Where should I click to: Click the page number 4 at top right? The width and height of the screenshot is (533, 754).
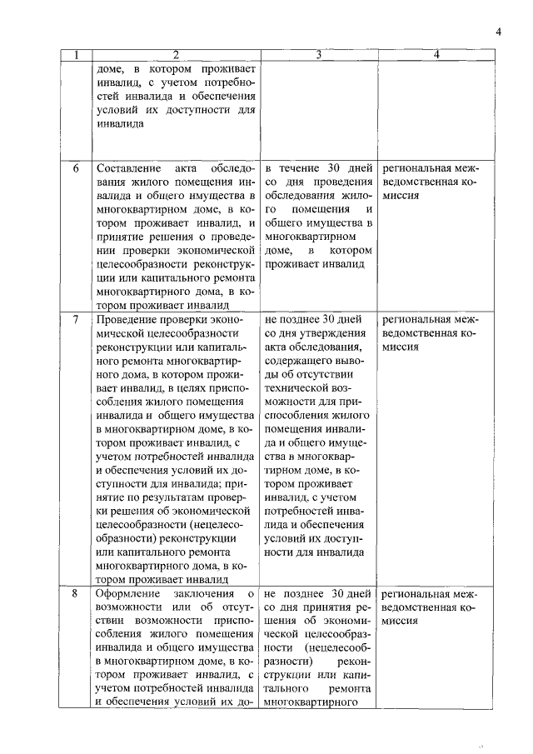tap(498, 32)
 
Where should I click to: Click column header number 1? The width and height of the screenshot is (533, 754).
tap(76, 56)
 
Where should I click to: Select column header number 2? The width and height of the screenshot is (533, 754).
tap(176, 56)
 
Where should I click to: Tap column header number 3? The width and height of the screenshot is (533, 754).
tap(319, 56)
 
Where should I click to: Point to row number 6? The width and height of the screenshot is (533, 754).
tap(76, 168)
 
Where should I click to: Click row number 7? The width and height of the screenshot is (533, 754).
tap(76, 320)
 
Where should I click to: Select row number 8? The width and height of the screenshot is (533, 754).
tap(76, 594)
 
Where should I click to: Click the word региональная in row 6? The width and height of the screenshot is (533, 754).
tap(415, 168)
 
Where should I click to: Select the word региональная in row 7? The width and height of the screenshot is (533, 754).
tap(415, 320)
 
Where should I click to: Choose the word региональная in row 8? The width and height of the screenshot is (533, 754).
tap(415, 594)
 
